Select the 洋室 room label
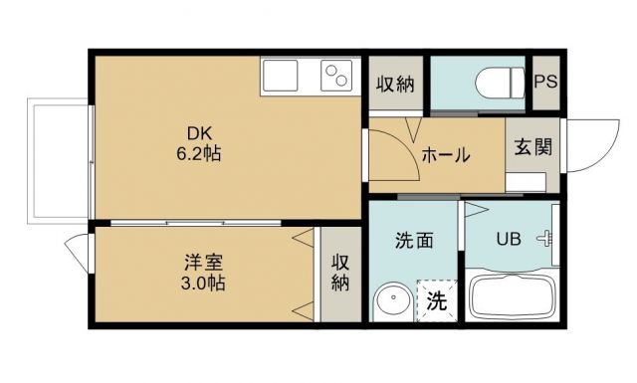click(203, 263)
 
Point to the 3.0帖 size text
click(203, 284)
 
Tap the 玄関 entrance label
click(531, 146)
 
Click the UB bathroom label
click(508, 239)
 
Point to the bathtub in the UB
click(512, 296)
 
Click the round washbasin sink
click(391, 301)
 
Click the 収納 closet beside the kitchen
click(395, 83)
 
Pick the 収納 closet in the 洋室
click(340, 273)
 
